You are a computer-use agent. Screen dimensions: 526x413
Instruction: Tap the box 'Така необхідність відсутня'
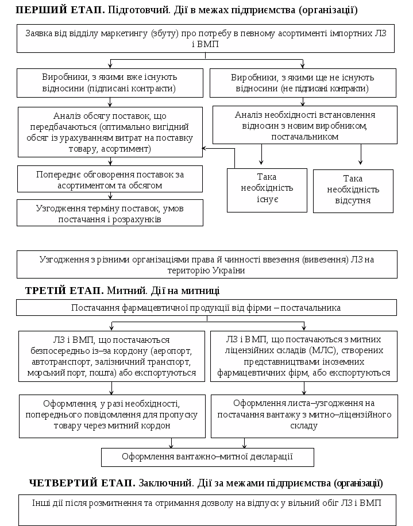353,190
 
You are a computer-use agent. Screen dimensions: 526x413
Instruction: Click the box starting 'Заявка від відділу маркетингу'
206,38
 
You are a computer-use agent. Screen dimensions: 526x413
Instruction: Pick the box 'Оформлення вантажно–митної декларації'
207,457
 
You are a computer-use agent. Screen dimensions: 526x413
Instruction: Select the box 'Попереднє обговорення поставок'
110,179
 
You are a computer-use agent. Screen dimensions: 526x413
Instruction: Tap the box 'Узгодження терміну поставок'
110,213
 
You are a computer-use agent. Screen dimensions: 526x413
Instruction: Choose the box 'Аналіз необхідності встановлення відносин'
304,126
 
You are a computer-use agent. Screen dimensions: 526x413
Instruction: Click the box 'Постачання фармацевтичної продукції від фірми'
206,308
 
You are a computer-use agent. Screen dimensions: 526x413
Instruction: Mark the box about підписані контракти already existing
110,83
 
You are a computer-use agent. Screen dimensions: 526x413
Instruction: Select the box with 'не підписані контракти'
303,83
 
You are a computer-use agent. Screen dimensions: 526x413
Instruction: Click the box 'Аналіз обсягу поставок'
110,132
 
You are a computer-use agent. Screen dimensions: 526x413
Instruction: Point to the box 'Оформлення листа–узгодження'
304,416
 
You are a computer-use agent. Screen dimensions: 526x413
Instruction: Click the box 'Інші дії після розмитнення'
206,508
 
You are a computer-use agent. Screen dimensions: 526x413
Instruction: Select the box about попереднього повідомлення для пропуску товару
111,416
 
